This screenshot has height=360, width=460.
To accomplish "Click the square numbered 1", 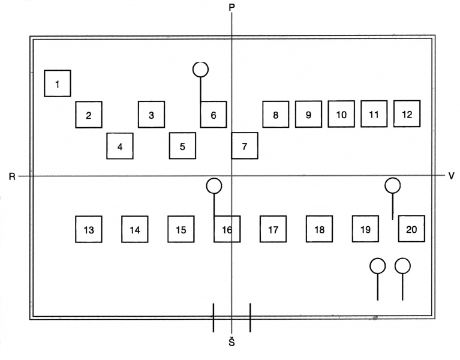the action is pyautogui.click(x=58, y=83).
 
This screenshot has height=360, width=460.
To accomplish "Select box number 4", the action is pyautogui.click(x=120, y=146).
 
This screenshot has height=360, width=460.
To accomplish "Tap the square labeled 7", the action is pyautogui.click(x=245, y=146).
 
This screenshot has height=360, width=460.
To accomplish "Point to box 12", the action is pyautogui.click(x=407, y=113).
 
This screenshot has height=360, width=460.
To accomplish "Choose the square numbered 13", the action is pyautogui.click(x=89, y=229).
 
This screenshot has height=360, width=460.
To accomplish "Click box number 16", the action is pyautogui.click(x=227, y=229).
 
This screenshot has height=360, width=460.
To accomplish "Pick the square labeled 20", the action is pyautogui.click(x=411, y=229).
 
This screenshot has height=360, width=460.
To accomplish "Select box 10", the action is pyautogui.click(x=341, y=114).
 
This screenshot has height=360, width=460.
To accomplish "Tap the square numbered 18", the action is pyautogui.click(x=319, y=229).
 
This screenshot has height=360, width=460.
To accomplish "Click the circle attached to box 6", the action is pyautogui.click(x=201, y=70).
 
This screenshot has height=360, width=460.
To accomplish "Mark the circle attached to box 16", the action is pyautogui.click(x=214, y=186).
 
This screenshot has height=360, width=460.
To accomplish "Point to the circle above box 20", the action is pyautogui.click(x=392, y=185).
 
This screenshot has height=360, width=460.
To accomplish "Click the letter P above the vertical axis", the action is pyautogui.click(x=231, y=7).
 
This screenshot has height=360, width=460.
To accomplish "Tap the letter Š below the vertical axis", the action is pyautogui.click(x=231, y=342).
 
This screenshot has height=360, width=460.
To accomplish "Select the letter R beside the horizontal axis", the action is pyautogui.click(x=12, y=176).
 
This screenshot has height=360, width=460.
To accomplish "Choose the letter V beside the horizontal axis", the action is pyautogui.click(x=451, y=176).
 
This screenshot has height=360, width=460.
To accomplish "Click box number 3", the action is pyautogui.click(x=151, y=115).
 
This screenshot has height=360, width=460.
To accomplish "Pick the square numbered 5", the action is pyautogui.click(x=182, y=146).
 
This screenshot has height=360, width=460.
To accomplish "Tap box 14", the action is pyautogui.click(x=135, y=229).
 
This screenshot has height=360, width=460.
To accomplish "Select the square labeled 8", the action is pyautogui.click(x=276, y=114).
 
